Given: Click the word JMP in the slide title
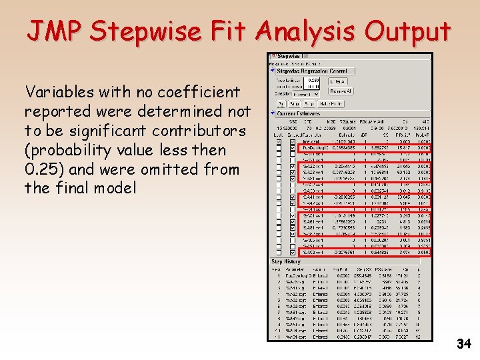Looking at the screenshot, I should pos(55,31).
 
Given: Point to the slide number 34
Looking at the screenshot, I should pos(463,344).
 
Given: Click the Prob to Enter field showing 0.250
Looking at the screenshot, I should pos(312,80).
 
